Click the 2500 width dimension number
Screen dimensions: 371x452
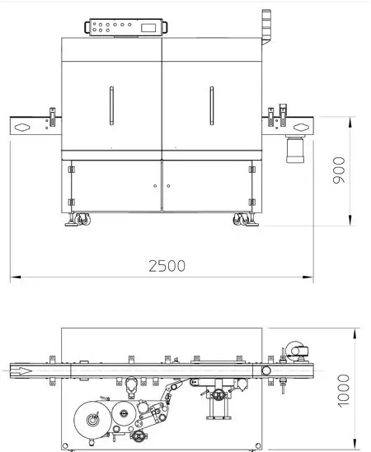tap(167, 266)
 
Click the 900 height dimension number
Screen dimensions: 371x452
tap(339, 170)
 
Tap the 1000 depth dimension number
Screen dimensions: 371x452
tap(343, 391)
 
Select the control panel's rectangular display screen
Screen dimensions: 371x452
tap(148, 28)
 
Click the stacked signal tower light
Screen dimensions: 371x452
tap(266, 27)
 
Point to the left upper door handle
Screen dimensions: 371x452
tap(112, 105)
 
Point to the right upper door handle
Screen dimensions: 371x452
tap(212, 105)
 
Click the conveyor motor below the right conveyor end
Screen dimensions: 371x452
tap(295, 149)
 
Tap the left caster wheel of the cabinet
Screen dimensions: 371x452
tap(82, 219)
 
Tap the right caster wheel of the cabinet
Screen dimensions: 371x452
tap(241, 219)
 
